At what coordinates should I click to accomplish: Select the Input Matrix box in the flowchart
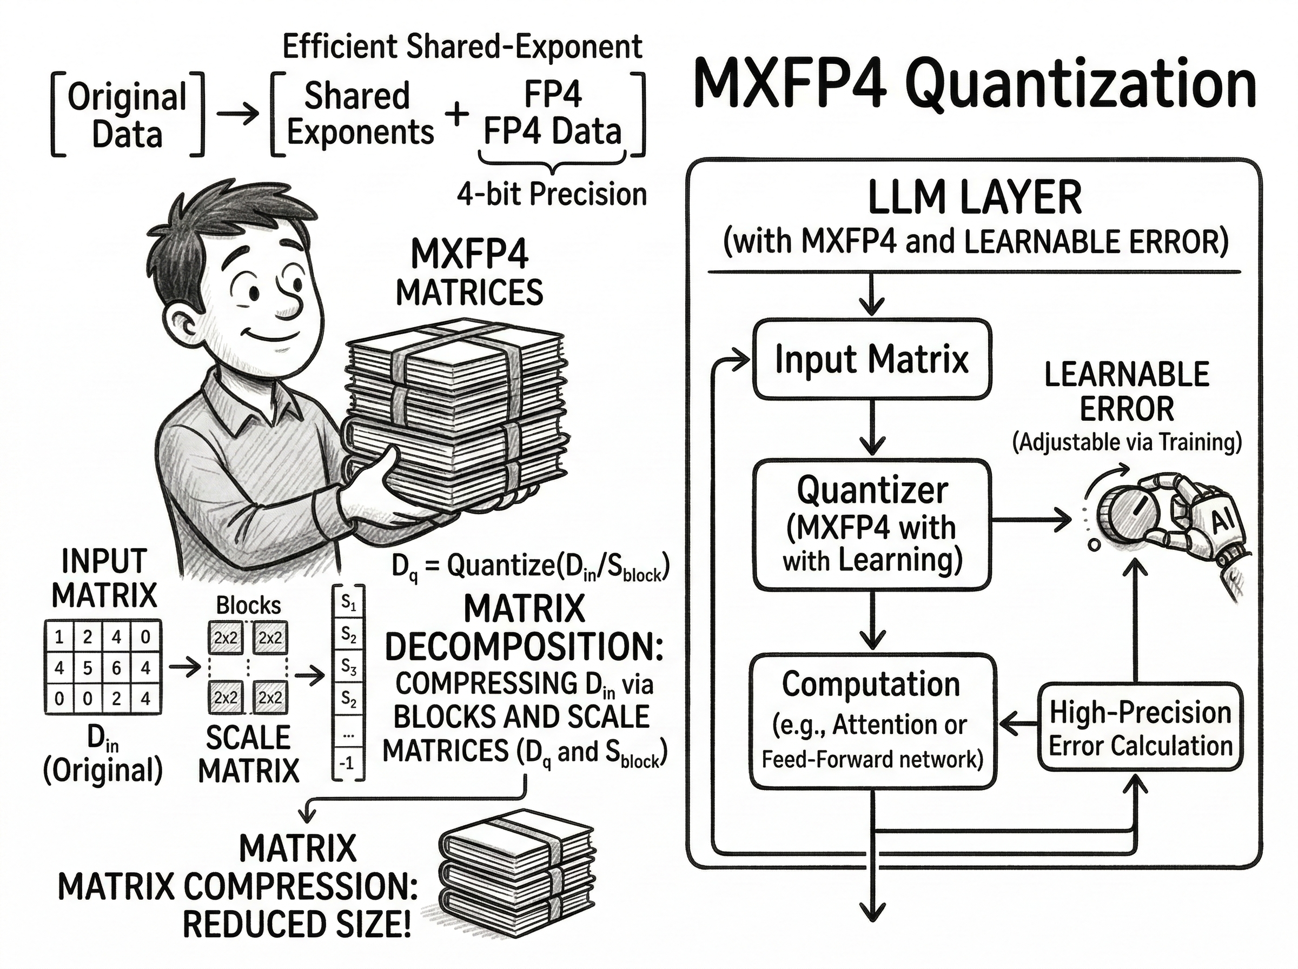tap(872, 359)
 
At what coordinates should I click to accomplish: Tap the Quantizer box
tap(872, 525)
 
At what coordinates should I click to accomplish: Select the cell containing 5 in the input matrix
tap(88, 667)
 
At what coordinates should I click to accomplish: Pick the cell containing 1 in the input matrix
tap(59, 636)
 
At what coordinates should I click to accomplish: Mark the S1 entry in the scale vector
tap(348, 603)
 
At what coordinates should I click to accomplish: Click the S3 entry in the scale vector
tap(348, 667)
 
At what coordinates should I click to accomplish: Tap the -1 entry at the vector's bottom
tap(348, 762)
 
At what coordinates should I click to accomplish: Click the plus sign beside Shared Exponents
tap(456, 113)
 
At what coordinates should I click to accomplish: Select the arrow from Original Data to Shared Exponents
tap(237, 113)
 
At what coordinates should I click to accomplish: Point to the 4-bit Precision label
tap(551, 194)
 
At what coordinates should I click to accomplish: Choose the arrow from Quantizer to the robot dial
tap(1030, 519)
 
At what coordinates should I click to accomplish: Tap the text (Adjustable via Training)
tap(1127, 441)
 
